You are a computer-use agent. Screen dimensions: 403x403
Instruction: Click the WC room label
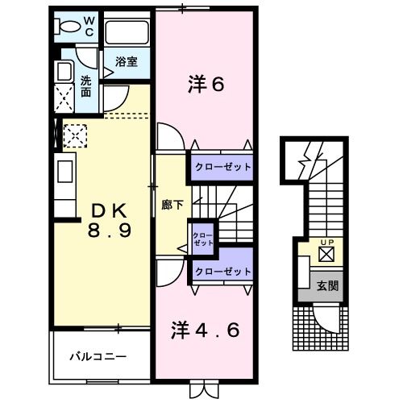pos(89,25)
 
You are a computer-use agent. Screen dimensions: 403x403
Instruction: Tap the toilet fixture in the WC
pos(67,26)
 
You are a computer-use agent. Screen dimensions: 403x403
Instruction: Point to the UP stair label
pos(326,243)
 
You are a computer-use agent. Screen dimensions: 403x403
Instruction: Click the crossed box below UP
pos(326,256)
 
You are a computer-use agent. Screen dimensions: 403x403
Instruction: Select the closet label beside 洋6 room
pos(221,167)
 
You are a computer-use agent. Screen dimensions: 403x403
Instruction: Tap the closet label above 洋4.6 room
pos(221,272)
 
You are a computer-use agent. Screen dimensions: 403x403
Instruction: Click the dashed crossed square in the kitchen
pos(74,136)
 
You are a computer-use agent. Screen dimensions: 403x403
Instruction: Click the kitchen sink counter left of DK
pos(64,173)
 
